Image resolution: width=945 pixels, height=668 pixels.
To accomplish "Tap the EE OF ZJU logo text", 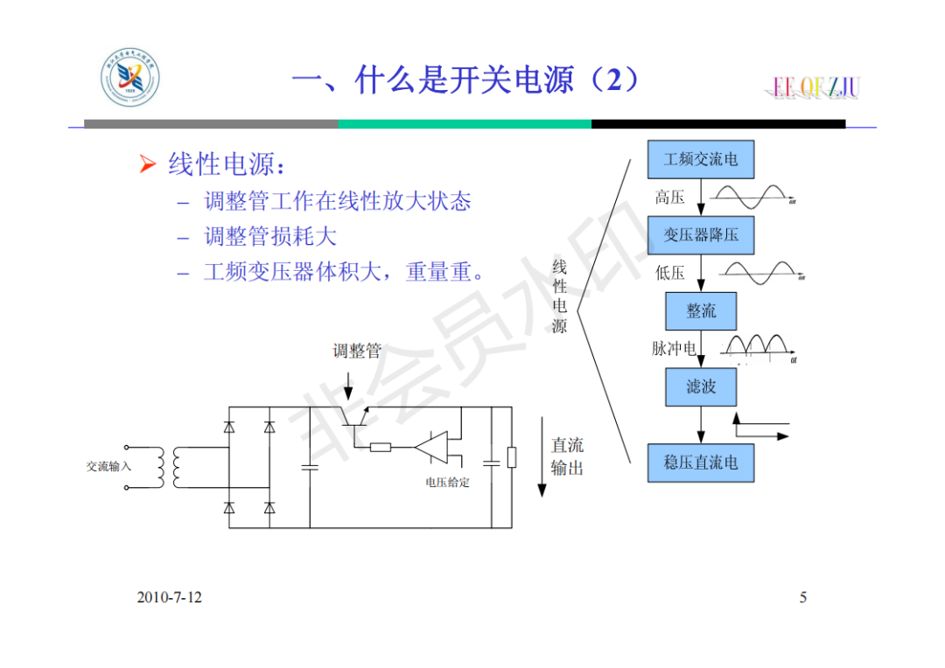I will click(x=816, y=87).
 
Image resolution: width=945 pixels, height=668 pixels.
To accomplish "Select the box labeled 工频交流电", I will click(x=700, y=160).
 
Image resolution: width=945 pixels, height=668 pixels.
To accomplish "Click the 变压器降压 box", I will click(x=700, y=235).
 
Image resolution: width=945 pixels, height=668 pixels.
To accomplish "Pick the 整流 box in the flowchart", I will click(x=701, y=311).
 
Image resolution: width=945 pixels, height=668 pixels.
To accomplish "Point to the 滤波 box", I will click(x=700, y=386).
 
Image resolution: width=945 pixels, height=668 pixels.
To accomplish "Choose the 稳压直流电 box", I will click(x=700, y=462).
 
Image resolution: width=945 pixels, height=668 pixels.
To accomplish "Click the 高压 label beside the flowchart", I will click(x=669, y=198).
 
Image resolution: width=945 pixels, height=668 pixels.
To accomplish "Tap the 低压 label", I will click(x=669, y=273).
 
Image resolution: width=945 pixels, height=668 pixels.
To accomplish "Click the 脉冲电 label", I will click(x=673, y=349).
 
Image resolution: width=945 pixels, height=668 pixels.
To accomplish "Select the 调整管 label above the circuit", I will click(x=357, y=351).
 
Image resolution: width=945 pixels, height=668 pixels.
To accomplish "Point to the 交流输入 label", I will click(x=108, y=466).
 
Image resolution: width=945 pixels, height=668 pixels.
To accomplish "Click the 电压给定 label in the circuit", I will click(x=447, y=482).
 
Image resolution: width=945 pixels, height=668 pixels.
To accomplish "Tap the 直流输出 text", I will click(x=567, y=456).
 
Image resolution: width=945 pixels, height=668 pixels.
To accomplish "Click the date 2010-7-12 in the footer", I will click(x=169, y=597).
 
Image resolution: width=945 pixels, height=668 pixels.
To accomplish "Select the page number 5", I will click(x=803, y=597).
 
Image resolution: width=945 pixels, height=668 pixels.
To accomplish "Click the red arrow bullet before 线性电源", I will click(x=147, y=164).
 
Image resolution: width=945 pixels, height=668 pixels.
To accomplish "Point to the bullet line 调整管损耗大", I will click(x=270, y=237).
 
